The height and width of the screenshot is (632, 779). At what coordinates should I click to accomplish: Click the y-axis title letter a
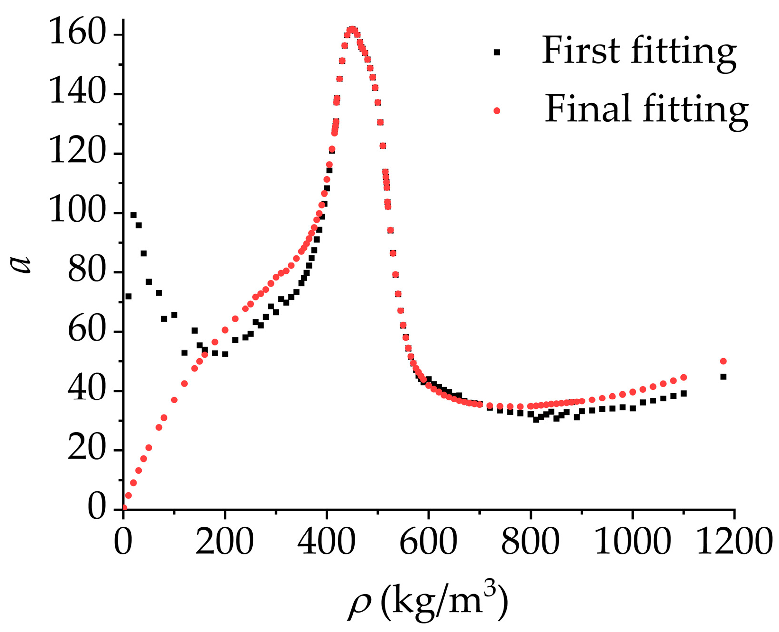coord(21,263)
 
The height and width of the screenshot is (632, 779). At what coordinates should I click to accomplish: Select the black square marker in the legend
coord(497,52)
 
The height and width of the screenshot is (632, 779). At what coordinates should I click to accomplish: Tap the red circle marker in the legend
coord(497,111)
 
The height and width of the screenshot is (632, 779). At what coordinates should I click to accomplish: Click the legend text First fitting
coord(639,51)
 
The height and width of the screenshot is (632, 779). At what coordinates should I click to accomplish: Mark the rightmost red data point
coord(723,361)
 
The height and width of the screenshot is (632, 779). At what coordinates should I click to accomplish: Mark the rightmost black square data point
coord(723,377)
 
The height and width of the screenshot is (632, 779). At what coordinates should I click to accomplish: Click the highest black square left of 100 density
coord(133,215)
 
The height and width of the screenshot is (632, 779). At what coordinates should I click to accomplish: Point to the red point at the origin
coord(124,508)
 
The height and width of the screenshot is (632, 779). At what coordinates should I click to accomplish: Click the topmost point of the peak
coord(352,29)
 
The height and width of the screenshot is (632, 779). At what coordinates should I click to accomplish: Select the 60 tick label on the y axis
coord(86,331)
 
